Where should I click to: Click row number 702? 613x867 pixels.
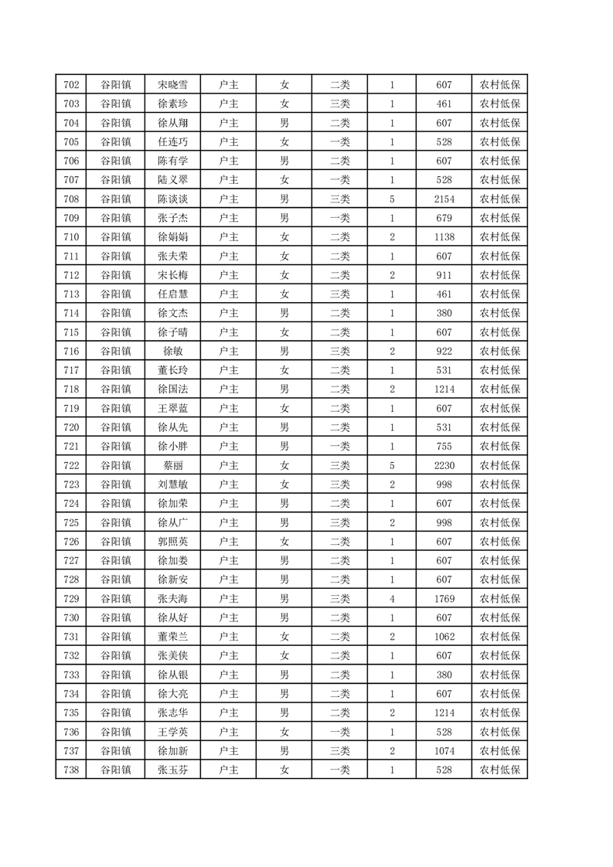(71, 85)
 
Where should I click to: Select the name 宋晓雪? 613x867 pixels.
(172, 85)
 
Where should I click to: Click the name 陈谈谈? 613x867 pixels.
(172, 199)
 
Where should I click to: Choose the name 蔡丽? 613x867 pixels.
(172, 465)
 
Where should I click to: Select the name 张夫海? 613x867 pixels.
(172, 598)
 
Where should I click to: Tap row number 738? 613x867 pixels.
(71, 770)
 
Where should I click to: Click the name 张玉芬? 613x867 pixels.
(172, 770)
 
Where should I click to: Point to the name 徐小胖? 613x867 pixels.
(172, 446)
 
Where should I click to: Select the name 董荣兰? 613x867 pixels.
(172, 637)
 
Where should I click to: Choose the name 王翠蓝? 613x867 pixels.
(172, 408)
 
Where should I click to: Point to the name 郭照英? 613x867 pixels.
(172, 541)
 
